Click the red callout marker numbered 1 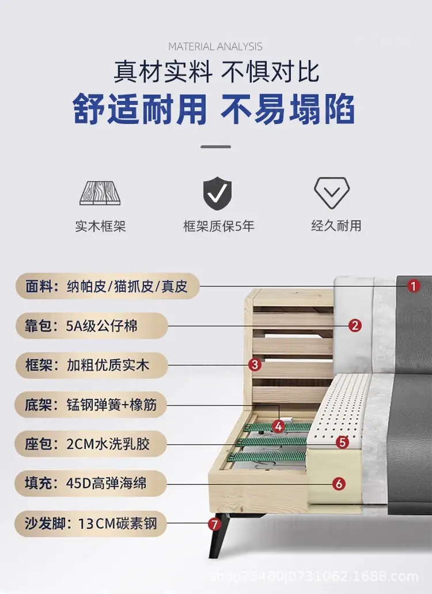click(413, 286)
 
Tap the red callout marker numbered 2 click(354, 325)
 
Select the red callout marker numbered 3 click(255, 365)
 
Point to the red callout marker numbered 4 click(278, 427)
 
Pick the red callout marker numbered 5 click(342, 442)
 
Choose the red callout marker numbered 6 click(339, 483)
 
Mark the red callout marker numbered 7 click(214, 524)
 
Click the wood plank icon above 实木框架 click(100, 193)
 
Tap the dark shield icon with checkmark click(217, 193)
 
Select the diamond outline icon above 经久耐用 click(332, 193)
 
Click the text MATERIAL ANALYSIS click(215, 47)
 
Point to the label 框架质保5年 click(219, 226)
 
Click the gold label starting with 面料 click(108, 286)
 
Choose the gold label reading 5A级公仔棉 click(92, 326)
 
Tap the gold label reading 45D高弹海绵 click(91, 483)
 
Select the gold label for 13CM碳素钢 click(91, 524)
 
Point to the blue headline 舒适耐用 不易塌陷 click(214, 110)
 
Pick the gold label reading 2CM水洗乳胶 click(91, 443)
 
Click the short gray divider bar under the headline click(215, 146)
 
